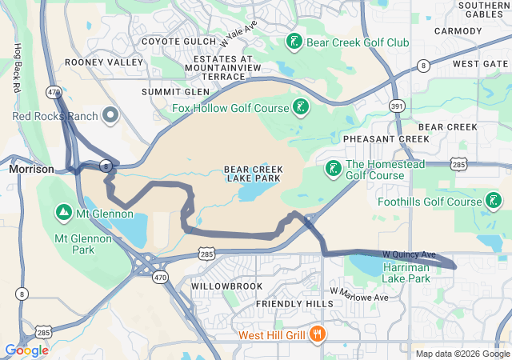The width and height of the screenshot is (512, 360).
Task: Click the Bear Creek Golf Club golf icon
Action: pos(294,42)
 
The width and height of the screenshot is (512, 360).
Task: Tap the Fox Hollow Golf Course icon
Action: pos(300,107)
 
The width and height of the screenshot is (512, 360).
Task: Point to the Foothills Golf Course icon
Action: pos(494,201)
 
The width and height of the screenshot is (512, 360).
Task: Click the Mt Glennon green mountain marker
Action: pos(62,213)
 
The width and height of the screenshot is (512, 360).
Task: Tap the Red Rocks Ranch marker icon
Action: pos(110,116)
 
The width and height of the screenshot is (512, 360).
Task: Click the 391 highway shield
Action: pos(397,106)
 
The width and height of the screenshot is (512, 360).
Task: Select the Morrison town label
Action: pos(31,170)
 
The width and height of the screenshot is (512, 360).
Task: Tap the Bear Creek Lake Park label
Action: pos(252,174)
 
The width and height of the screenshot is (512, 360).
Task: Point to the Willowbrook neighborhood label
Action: pos(226,286)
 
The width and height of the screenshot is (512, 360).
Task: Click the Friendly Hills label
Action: pos(294,305)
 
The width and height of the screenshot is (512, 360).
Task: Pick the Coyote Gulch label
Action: pos(178,42)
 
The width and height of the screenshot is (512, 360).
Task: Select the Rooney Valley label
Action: pos(104,62)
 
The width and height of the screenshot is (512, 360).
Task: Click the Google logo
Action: pos(26,350)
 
